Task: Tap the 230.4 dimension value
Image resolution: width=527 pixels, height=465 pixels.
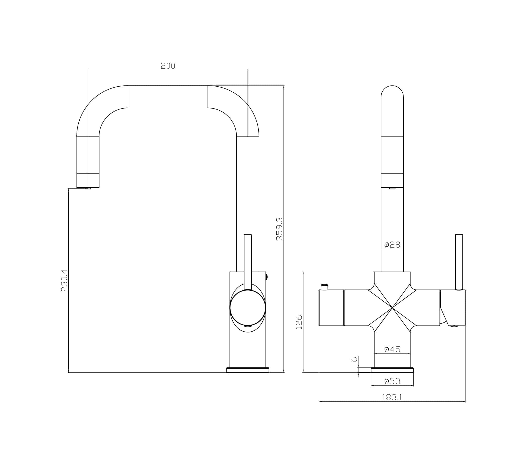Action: click(x=64, y=281)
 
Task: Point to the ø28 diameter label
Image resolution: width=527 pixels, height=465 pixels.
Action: click(x=392, y=244)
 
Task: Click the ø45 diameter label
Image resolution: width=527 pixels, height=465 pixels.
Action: click(x=392, y=349)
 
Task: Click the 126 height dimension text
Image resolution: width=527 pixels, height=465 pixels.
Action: click(x=299, y=322)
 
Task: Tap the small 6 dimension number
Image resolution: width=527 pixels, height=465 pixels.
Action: click(x=355, y=359)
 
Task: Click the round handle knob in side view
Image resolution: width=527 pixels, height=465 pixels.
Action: click(x=247, y=308)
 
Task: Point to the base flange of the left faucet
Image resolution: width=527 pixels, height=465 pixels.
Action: click(x=247, y=370)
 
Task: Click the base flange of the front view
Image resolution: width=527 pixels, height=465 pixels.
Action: click(x=392, y=370)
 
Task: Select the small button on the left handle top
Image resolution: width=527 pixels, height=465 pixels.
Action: click(x=324, y=287)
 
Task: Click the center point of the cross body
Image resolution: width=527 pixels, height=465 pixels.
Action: click(x=392, y=308)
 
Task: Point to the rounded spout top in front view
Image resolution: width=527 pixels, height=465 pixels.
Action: click(x=392, y=93)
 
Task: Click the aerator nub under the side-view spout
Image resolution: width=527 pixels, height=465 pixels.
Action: click(x=88, y=189)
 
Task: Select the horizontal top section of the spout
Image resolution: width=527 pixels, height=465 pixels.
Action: click(x=168, y=97)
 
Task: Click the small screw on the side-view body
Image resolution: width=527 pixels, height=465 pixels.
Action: click(x=267, y=277)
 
